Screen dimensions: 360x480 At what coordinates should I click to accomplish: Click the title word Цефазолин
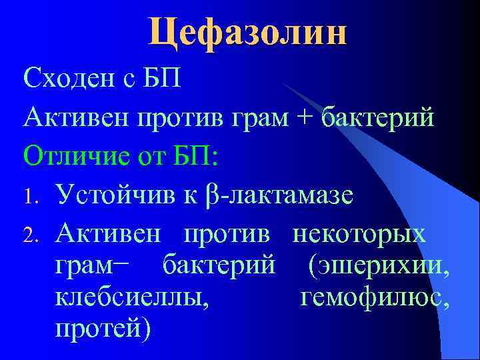pos(247,32)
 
